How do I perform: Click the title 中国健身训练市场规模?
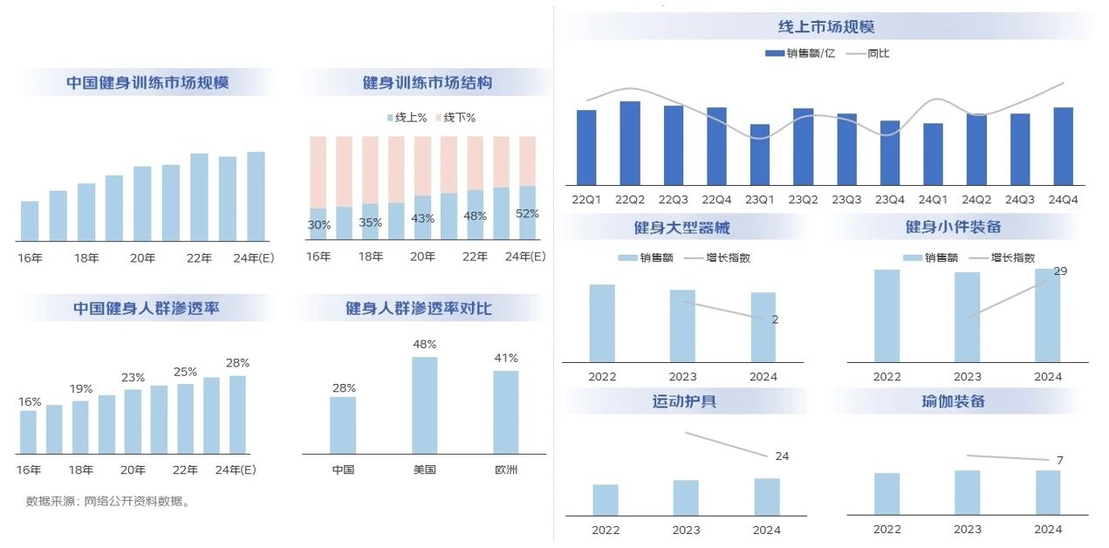point(147,83)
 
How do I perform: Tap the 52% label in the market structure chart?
point(528,214)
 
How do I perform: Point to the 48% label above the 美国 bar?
point(425,345)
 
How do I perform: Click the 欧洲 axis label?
point(506,469)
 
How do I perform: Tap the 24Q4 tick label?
point(1063,199)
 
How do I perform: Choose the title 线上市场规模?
point(826,27)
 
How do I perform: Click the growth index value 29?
point(1061,271)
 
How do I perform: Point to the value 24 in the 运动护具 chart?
point(782,456)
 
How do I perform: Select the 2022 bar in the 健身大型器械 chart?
point(602,323)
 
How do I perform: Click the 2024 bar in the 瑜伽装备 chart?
point(1048,493)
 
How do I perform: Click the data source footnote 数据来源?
point(108,502)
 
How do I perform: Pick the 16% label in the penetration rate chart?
point(30,402)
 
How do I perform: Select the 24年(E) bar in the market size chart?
point(256,196)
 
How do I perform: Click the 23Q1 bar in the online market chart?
point(760,154)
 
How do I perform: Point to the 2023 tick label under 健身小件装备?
point(967,377)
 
